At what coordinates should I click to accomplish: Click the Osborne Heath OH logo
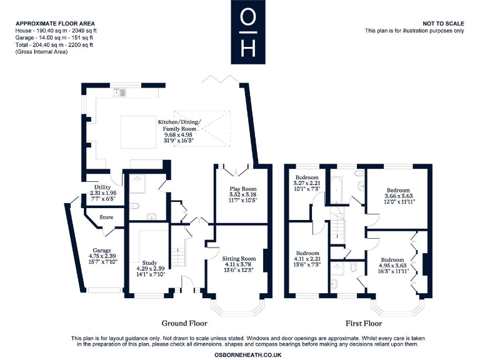(248, 32)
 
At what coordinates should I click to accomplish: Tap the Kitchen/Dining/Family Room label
(179, 125)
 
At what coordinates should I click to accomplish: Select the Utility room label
(102, 187)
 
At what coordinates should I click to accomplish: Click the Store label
(106, 217)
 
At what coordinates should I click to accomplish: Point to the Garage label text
(102, 251)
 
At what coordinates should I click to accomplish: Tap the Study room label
(149, 262)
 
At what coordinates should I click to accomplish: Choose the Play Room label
(243, 189)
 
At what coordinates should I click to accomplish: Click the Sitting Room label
(239, 259)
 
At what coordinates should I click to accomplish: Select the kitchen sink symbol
(119, 92)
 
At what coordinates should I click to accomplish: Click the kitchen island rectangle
(138, 132)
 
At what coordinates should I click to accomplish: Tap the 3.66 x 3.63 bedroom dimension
(398, 196)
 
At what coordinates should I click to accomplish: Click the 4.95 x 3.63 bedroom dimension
(392, 266)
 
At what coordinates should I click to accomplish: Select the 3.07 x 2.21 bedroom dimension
(307, 183)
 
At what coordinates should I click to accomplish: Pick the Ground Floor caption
(184, 323)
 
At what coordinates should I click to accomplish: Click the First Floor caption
(364, 323)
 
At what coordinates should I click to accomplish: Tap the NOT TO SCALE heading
(443, 24)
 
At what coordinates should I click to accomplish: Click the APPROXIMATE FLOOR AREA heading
(56, 24)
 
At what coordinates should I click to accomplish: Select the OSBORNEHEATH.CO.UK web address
(248, 355)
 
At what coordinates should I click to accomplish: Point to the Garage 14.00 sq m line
(54, 37)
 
